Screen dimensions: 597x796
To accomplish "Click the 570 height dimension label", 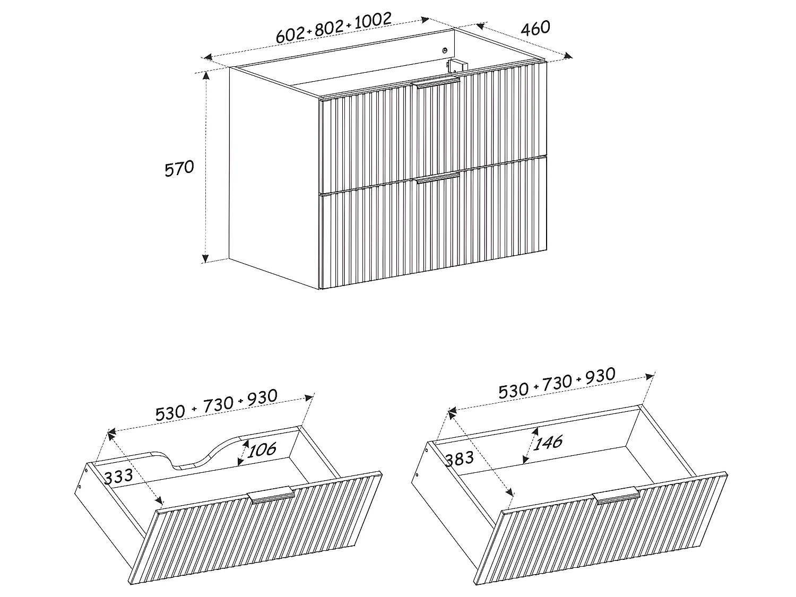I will point(179,169).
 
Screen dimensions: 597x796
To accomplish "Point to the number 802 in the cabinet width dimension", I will point(330,29).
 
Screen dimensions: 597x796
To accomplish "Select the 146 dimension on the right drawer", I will point(548,442).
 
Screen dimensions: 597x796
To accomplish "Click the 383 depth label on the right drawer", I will point(459,458).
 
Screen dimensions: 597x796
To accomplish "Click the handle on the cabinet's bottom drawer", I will point(438,177).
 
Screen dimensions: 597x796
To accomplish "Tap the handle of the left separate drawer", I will point(271,494).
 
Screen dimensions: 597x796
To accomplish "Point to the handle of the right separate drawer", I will point(616,496).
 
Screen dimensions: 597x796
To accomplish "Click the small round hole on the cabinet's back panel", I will point(445,51).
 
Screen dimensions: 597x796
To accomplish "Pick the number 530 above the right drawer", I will point(514,390).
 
